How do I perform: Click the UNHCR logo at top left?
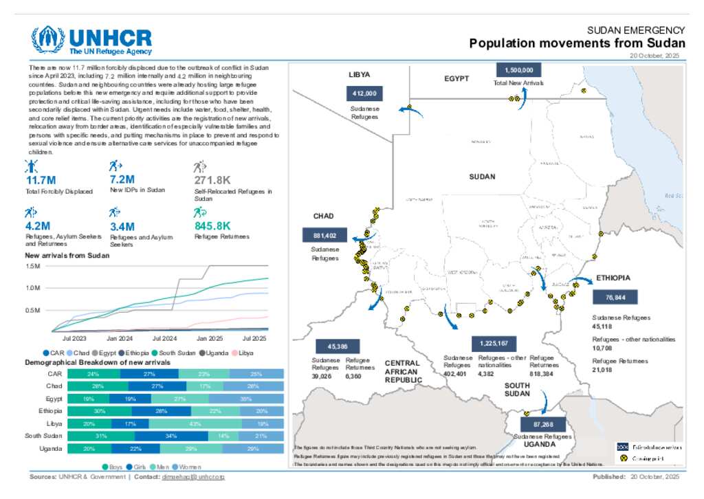(91, 41)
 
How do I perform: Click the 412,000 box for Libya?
(363, 94)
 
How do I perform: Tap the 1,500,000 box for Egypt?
(518, 70)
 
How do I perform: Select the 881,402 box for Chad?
(324, 235)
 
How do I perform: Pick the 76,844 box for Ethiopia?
(615, 297)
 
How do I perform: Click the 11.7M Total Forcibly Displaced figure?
(41, 181)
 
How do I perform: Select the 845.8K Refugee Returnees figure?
(212, 225)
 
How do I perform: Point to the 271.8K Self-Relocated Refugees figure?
(212, 181)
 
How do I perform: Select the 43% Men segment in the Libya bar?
(195, 423)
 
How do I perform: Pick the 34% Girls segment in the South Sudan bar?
(171, 436)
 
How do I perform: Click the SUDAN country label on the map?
(482, 177)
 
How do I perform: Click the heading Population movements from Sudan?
(577, 43)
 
